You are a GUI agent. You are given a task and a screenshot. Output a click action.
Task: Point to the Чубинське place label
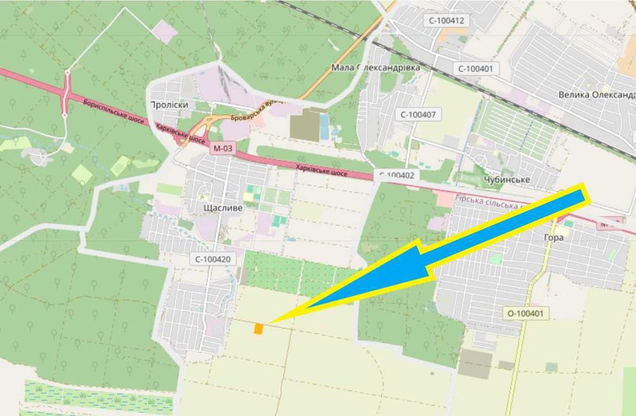pyautogui.click(x=507, y=180)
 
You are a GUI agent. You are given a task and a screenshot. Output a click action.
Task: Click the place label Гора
pyautogui.click(x=554, y=236)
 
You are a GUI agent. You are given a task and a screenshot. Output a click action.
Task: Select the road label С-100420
pyautogui.click(x=212, y=259)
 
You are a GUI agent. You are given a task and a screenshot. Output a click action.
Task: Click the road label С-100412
pyautogui.click(x=447, y=20)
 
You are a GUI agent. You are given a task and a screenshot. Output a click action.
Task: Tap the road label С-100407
pyautogui.click(x=417, y=114)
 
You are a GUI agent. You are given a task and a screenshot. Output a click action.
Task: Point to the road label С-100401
pyautogui.click(x=474, y=69)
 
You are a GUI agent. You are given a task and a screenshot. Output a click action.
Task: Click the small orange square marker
pyautogui.click(x=259, y=328)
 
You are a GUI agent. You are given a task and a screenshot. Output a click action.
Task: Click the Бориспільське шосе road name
pyautogui.click(x=114, y=110)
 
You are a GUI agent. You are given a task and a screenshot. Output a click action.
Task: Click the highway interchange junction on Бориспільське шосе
pyautogui.click(x=66, y=94)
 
